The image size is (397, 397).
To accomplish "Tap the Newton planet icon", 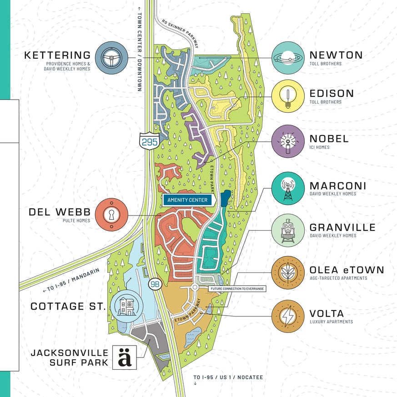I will click(x=288, y=58).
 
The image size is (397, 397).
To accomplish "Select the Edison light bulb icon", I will click(x=288, y=96).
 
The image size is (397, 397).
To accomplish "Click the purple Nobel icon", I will click(x=288, y=141).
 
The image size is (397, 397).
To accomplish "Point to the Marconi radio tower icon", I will click(x=288, y=189).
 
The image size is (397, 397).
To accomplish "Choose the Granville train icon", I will click(x=288, y=230).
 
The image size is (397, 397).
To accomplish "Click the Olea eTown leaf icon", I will click(x=288, y=272).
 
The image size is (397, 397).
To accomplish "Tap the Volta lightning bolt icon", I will click(x=288, y=316).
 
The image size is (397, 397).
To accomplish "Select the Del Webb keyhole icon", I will click(x=111, y=215).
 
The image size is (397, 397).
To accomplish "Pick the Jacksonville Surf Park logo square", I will click(x=125, y=357).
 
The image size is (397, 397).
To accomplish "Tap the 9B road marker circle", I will click(x=156, y=284).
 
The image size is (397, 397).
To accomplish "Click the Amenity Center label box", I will click(x=187, y=200).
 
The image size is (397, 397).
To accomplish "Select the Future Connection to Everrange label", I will click(x=236, y=288).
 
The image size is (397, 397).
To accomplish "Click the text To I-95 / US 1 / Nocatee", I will click(x=228, y=377).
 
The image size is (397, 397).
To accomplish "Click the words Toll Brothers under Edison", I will click(x=325, y=102).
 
